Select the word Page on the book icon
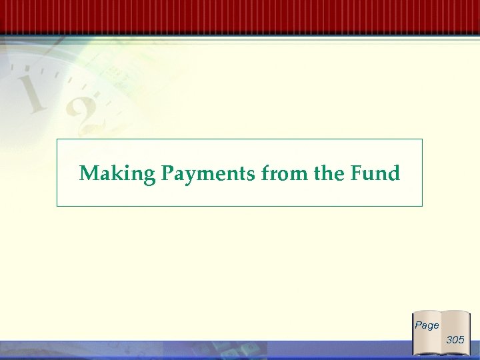click(x=427, y=325)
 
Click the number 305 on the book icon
click(x=455, y=340)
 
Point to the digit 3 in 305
click(x=449, y=340)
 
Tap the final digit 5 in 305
click(x=461, y=340)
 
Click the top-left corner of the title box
click(x=57, y=139)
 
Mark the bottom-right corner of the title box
click(x=422, y=206)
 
